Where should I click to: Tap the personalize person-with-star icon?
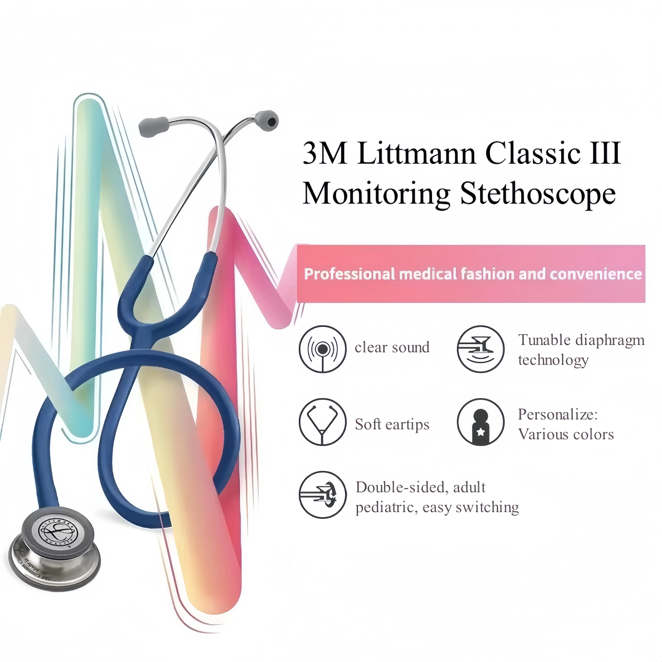[x=480, y=422]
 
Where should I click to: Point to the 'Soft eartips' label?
[x=392, y=424]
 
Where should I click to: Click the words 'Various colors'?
[x=565, y=434]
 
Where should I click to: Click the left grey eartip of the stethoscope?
[x=153, y=127]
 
